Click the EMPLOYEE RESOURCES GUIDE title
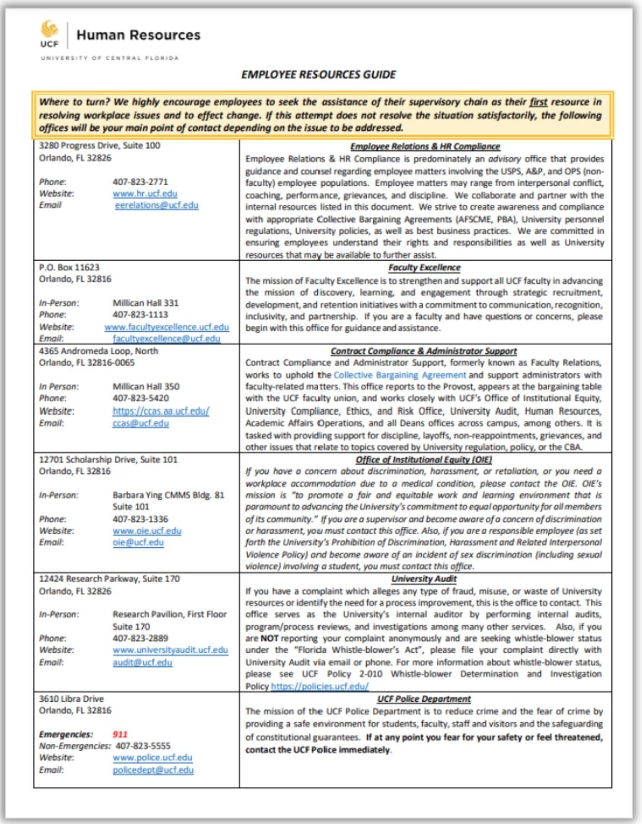(x=319, y=74)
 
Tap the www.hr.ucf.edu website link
(x=145, y=193)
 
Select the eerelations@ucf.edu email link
(x=157, y=205)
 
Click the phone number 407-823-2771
(x=140, y=182)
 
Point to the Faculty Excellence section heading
(x=424, y=267)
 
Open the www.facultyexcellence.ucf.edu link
(x=167, y=327)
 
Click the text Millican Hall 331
(x=145, y=303)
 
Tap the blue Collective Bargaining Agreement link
(x=400, y=375)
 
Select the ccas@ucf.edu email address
(x=141, y=423)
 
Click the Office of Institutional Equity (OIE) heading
(x=424, y=459)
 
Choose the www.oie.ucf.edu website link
(x=147, y=531)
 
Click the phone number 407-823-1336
(x=140, y=519)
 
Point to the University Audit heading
(x=424, y=578)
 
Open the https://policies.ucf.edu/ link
(x=320, y=686)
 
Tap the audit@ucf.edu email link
(x=142, y=662)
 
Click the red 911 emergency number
(x=120, y=734)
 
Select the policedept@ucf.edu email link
(x=153, y=770)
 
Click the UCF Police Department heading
(x=424, y=699)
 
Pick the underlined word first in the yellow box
(x=538, y=102)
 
